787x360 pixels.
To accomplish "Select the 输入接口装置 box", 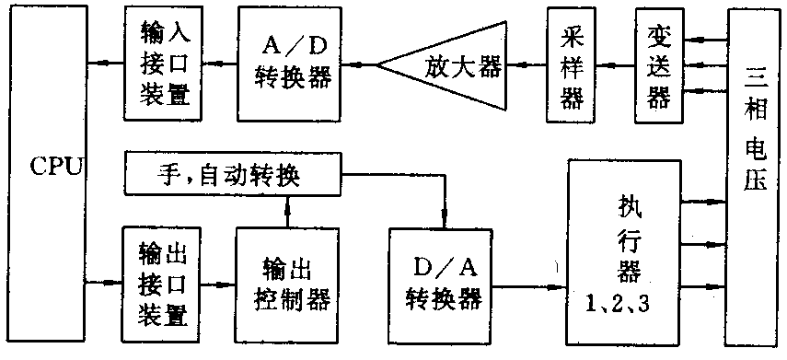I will click(x=161, y=64).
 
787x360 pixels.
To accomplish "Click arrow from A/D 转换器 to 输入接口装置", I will click(x=217, y=64).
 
